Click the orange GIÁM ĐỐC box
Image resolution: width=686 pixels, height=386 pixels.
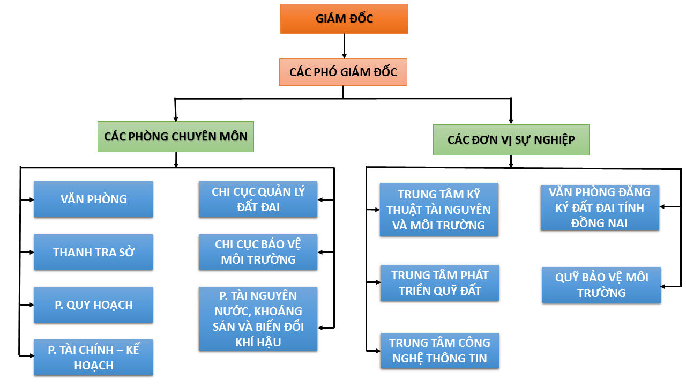[344, 19]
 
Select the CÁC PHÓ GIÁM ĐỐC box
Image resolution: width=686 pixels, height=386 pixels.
[343, 72]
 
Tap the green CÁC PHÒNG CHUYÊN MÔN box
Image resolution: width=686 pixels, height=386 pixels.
[176, 136]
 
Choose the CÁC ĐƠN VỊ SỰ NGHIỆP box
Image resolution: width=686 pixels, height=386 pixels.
[511, 140]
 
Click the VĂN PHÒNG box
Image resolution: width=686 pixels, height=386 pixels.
[93, 199]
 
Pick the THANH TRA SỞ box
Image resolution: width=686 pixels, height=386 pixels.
[93, 252]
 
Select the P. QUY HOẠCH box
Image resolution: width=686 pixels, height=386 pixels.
[93, 305]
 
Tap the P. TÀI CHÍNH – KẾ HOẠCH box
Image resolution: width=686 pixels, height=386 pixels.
[93, 358]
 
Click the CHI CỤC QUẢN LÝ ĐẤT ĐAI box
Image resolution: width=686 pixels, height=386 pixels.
[258, 199]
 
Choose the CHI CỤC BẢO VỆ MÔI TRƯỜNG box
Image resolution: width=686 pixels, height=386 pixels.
[258, 252]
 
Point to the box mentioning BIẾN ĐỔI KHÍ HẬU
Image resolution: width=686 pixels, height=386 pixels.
[258, 319]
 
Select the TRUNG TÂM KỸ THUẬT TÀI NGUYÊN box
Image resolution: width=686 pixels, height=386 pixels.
[439, 210]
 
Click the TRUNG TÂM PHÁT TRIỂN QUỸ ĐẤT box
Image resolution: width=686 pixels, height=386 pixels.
[439, 283]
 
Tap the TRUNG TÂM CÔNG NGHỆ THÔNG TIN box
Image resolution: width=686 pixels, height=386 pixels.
[439, 351]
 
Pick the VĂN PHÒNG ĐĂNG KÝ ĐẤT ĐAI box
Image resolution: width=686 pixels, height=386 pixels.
[600, 207]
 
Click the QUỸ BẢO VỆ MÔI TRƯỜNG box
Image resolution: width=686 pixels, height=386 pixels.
[601, 285]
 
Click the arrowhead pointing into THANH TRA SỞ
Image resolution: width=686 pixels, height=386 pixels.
[30, 252]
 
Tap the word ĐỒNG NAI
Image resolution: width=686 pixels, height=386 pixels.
[600, 223]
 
